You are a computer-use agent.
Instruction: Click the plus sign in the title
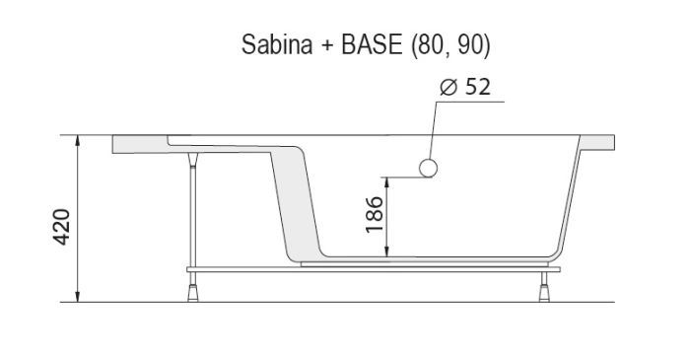[315, 45]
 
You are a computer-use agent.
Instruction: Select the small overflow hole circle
[428, 168]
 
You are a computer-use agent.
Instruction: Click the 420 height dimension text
[61, 228]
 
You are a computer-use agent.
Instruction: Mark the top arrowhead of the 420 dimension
[77, 140]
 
